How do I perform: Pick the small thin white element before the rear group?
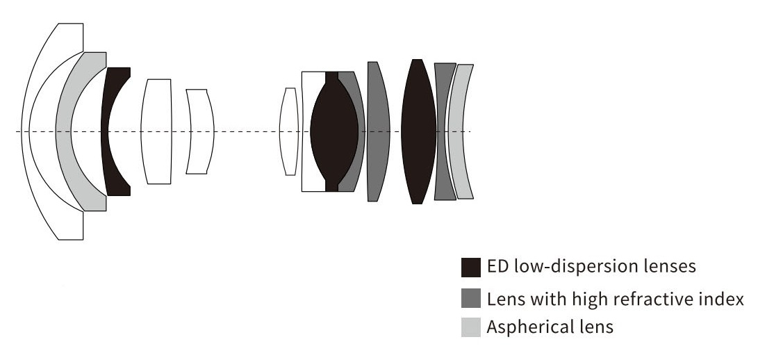[288, 131]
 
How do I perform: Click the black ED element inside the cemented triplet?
[333, 131]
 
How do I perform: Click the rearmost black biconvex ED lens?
[418, 131]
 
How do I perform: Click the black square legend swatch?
[470, 267]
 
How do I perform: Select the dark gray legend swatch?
[470, 297]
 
